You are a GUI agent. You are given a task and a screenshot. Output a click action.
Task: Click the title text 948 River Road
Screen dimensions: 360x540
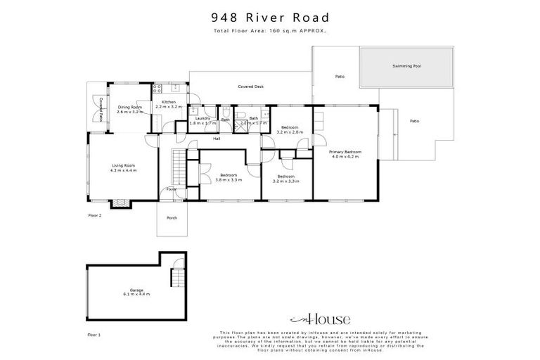point(270,17)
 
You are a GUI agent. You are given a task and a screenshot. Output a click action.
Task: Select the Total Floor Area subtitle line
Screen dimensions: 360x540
point(270,31)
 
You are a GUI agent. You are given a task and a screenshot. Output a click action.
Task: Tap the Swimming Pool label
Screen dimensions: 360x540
point(406,65)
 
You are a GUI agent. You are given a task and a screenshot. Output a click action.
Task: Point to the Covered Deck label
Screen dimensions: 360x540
point(250,86)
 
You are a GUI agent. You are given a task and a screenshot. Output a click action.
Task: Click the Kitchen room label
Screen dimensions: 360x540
point(169,103)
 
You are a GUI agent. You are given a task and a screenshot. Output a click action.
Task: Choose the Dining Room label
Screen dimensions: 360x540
point(130,108)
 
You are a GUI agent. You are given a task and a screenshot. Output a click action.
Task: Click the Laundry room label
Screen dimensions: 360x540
point(203,118)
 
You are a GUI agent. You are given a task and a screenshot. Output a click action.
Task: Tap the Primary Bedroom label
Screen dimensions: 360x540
point(345,152)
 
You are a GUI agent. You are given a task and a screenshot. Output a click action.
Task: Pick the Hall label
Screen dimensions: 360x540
point(217,139)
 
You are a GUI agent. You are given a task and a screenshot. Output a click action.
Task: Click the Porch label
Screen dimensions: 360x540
point(172,218)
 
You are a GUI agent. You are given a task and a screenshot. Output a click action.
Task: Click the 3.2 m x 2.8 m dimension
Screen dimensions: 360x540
point(289,131)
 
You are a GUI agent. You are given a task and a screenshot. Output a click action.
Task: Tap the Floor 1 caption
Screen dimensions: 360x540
point(94,335)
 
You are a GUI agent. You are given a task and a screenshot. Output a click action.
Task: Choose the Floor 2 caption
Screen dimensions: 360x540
point(95,214)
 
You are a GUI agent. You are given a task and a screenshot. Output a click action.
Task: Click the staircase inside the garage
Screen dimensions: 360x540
point(176,279)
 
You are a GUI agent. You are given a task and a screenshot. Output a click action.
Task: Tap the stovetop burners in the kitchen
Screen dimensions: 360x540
point(157,89)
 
